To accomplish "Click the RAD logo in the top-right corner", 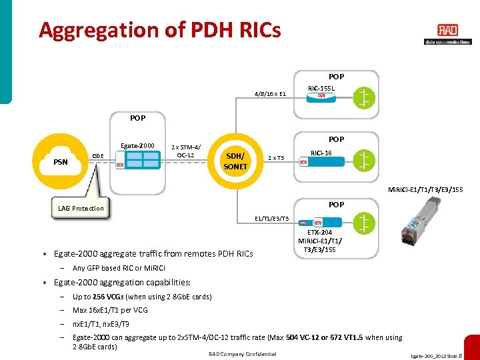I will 447,31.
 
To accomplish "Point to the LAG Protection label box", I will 81,208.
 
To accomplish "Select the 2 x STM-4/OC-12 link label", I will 183,151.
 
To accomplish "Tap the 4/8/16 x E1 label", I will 270,94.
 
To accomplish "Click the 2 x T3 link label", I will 276,158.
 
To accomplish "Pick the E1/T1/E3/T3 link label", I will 272,218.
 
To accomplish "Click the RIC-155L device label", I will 321,87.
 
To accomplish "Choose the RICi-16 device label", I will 322,152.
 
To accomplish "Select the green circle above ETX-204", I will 363,221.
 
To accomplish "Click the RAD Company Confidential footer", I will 242,353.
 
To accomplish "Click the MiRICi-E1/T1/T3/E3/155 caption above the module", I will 427,190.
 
